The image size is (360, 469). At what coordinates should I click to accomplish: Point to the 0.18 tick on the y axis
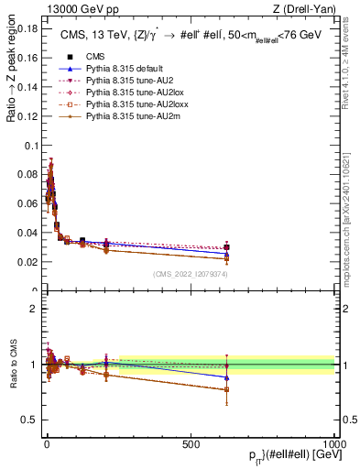click(x=29, y=29)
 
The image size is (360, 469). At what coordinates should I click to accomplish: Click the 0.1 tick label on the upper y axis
click(x=32, y=146)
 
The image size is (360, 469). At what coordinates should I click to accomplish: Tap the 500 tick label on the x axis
click(x=191, y=443)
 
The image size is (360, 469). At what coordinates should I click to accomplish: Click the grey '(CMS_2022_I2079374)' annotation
click(x=191, y=273)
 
